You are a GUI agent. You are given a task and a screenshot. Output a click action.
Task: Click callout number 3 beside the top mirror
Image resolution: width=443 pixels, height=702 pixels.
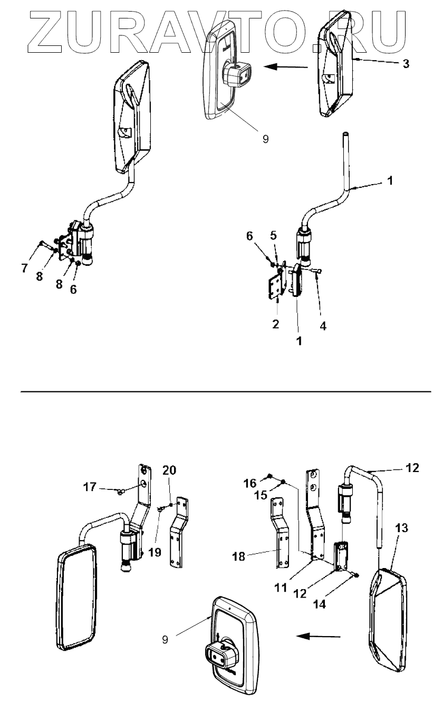coord(405,64)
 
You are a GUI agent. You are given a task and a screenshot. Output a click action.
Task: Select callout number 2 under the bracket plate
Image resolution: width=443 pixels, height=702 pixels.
coord(276,323)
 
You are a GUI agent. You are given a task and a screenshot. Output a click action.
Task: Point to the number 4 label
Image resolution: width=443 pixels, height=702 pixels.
coord(323,326)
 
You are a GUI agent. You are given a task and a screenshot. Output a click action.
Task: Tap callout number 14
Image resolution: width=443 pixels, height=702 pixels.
coord(349,606)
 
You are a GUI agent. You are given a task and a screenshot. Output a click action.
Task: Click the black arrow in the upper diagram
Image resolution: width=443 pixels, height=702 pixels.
coord(285,66)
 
